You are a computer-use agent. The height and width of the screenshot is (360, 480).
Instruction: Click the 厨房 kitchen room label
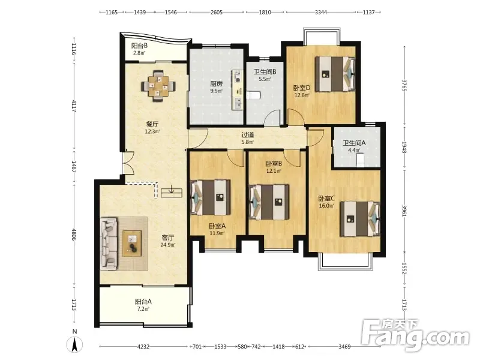pos(216,83)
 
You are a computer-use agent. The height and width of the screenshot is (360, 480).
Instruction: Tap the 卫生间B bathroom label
pos(265,72)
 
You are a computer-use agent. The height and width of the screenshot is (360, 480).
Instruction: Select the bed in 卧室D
pos(335,74)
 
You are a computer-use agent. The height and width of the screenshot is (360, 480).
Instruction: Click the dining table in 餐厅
pos(158,86)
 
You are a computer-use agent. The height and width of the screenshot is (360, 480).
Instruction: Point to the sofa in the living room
pos(109,244)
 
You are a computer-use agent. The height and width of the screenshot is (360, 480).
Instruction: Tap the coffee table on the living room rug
pos(132,244)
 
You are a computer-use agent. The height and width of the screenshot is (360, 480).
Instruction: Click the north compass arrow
pos(74,344)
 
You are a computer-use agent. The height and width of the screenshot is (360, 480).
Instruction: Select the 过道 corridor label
pos(247,134)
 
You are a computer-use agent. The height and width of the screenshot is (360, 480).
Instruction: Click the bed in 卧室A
pos(211,197)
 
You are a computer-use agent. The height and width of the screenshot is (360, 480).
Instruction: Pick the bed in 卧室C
pos(360,218)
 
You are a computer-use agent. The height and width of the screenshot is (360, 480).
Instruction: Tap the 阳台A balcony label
pos(143,302)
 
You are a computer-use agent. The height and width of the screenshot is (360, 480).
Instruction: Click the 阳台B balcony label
pos(139,46)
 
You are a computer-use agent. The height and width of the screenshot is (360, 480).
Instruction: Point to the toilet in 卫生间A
pos(361,160)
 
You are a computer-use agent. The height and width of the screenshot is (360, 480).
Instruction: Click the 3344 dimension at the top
pos(321,12)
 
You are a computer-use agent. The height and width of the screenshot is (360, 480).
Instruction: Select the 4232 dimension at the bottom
pos(143,347)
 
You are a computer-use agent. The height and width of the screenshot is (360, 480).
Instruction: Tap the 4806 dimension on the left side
pos(74,234)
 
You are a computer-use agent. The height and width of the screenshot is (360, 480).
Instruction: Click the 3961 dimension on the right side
pos(404,211)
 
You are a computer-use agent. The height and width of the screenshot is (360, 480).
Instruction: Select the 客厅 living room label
pos(168,238)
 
